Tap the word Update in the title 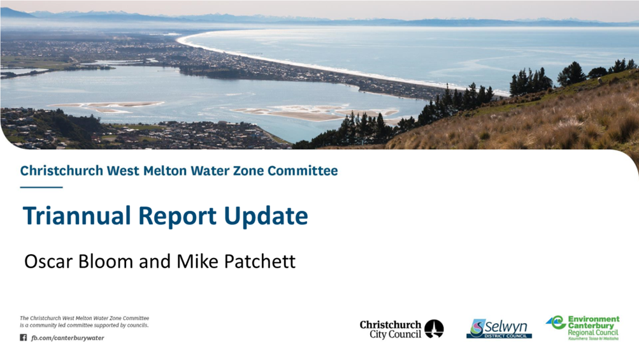pos(266,217)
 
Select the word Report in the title pos(178,217)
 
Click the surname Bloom pos(106,261)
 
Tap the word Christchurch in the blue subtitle pos(62,170)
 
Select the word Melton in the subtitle pos(165,170)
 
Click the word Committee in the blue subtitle pos(303,170)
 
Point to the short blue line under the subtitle pos(41,187)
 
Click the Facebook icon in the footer pos(23,338)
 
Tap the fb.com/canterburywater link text pos(68,338)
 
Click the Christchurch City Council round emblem pos(434,329)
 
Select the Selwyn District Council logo pos(499,329)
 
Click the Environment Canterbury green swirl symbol pos(556,322)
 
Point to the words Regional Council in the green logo pos(593,333)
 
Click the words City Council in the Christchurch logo pos(395,335)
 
